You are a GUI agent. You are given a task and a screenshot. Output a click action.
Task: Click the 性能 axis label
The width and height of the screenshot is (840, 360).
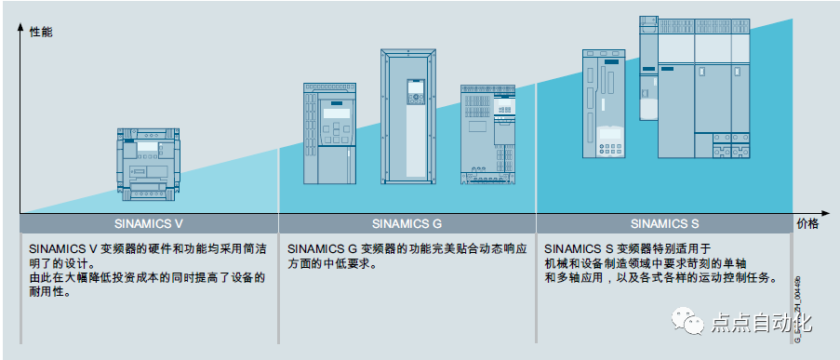42,32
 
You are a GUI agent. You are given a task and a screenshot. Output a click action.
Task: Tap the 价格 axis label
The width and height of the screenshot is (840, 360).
807,224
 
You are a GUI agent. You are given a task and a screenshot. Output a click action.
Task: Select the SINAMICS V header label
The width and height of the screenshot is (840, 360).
149,224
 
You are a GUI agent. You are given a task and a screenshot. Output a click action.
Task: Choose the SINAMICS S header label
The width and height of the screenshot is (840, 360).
664,224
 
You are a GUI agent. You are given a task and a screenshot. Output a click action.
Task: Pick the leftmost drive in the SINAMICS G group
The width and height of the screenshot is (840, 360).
331,133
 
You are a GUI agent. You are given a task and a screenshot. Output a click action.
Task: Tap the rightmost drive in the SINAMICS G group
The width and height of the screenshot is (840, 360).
487,134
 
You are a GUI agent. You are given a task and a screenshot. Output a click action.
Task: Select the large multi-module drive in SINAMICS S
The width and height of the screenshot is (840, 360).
698,88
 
